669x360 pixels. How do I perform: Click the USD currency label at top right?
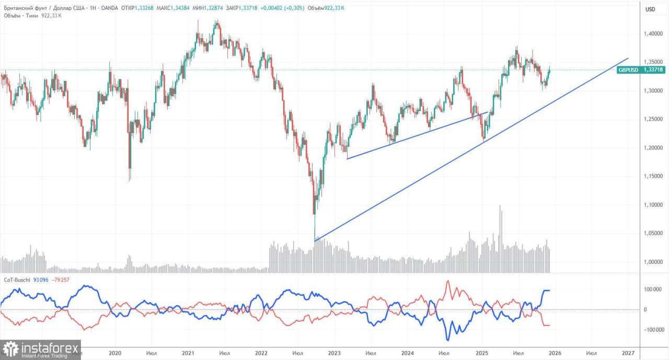point(650,9)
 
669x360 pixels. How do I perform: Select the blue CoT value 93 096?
point(41,280)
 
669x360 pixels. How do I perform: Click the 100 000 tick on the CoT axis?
point(650,289)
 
